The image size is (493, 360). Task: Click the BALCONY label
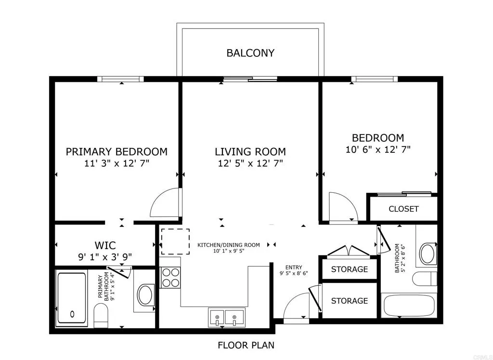pyautogui.click(x=250, y=53)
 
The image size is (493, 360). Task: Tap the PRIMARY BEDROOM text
pyautogui.click(x=117, y=152)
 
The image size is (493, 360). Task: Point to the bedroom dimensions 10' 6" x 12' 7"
pyautogui.click(x=378, y=149)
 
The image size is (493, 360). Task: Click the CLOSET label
pyautogui.click(x=403, y=209)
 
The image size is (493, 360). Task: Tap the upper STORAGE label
pyautogui.click(x=350, y=269)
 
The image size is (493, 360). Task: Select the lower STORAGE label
pyautogui.click(x=350, y=301)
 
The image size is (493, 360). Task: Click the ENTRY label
pyautogui.click(x=293, y=267)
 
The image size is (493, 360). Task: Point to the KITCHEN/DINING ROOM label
pyautogui.click(x=229, y=245)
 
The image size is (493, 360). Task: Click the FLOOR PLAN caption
pyautogui.click(x=246, y=345)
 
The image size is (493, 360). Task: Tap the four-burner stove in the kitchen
pyautogui.click(x=170, y=278)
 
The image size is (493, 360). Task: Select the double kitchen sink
pyautogui.click(x=226, y=317)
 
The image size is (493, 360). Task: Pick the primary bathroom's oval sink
pyautogui.click(x=145, y=295)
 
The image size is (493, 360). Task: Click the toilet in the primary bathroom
pyautogui.click(x=101, y=317)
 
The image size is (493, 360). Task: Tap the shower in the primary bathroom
pyautogui.click(x=72, y=298)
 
